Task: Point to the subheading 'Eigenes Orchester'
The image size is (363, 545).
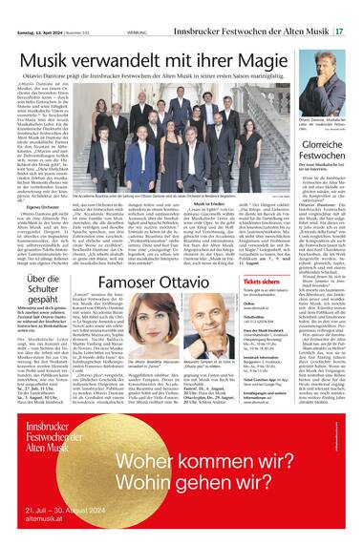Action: [x=44, y=177]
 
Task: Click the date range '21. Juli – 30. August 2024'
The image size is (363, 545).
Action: [x=74, y=520]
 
